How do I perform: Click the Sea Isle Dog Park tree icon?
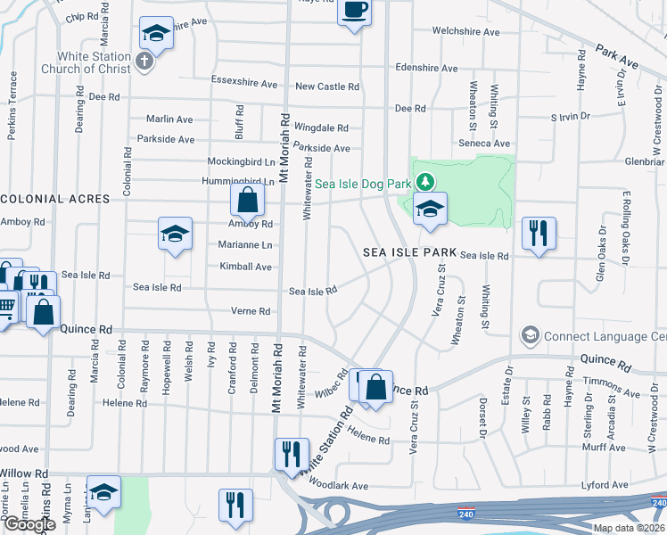point(425,183)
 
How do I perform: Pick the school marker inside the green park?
point(430,210)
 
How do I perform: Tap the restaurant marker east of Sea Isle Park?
point(539,234)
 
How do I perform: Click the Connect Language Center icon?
point(531,336)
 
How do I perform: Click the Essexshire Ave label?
point(244,83)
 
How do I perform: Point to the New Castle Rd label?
point(327,86)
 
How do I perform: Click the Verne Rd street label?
point(251,311)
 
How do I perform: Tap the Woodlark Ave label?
point(338,486)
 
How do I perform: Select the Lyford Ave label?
point(605,485)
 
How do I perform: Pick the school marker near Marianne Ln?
point(175,234)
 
